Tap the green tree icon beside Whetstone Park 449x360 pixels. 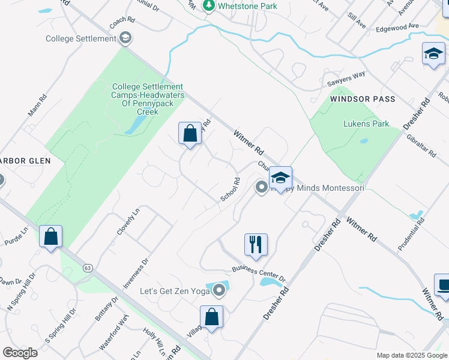pyautogui.click(x=209, y=6)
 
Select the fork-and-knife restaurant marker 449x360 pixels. pyautogui.click(x=256, y=244)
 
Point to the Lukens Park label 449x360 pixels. pyautogui.click(x=366, y=124)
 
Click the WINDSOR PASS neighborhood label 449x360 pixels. pyautogui.click(x=362, y=98)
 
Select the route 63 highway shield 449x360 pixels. pyautogui.click(x=88, y=268)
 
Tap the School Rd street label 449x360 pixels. pyautogui.click(x=230, y=189)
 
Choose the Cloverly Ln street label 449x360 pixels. pyautogui.click(x=128, y=221)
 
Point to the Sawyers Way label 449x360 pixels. pyautogui.click(x=346, y=78)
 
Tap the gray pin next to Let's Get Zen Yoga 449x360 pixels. pyautogui.click(x=219, y=292)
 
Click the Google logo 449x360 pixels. pyautogui.click(x=20, y=352)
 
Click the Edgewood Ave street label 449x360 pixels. pyautogui.click(x=397, y=26)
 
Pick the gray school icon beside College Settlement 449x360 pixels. pyautogui.click(x=125, y=39)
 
